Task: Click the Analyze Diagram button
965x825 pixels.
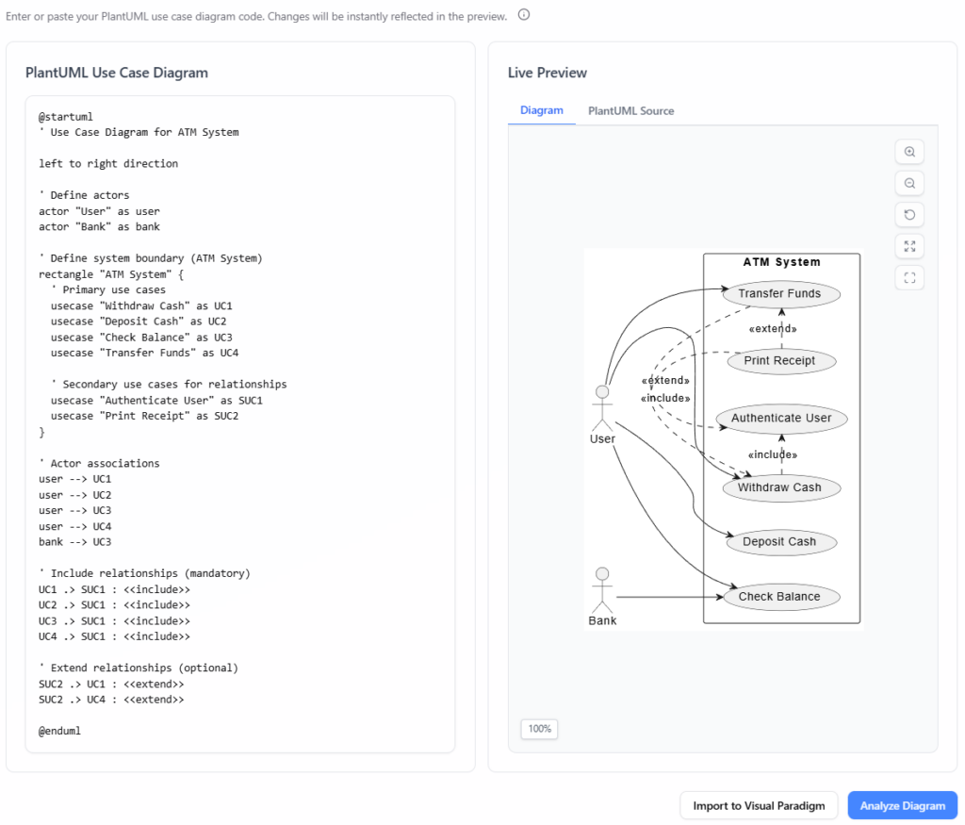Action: [902, 805]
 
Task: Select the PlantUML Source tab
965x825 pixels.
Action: [630, 110]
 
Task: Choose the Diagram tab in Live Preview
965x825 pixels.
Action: [542, 110]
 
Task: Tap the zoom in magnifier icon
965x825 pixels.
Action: [909, 152]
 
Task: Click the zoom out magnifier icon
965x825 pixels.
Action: [909, 183]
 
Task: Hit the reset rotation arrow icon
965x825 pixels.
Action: [909, 215]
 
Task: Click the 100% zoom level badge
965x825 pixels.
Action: [539, 729]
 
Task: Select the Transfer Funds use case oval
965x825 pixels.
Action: [779, 293]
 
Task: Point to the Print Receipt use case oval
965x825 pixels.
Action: [779, 360]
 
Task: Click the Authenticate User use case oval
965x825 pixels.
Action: [781, 418]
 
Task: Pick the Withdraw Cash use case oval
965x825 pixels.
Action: [779, 487]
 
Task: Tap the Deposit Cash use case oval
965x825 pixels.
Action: [779, 542]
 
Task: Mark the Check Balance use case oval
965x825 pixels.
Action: [779, 596]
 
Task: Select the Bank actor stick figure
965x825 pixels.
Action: [602, 590]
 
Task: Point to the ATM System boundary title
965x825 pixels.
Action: [781, 262]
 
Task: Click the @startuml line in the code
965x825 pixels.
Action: [66, 117]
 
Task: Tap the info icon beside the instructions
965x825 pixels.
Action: [524, 15]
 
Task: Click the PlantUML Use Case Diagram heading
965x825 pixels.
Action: [117, 73]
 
